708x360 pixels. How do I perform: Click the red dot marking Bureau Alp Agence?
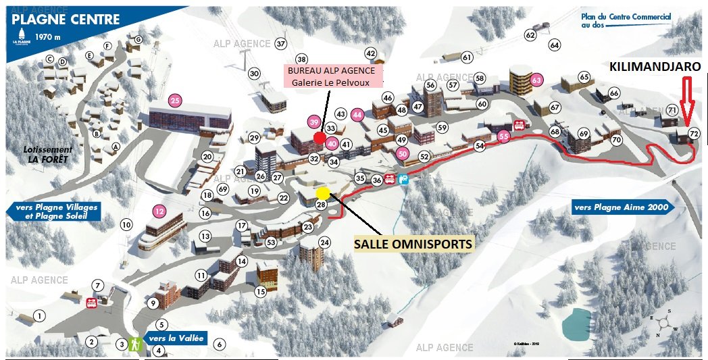319,137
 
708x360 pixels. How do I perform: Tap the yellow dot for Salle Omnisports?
324,192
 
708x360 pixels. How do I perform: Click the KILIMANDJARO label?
655,67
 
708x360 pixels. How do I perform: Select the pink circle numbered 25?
176,101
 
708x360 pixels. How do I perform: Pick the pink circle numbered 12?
159,211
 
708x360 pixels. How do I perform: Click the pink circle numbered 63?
537,80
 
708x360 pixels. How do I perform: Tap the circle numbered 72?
694,134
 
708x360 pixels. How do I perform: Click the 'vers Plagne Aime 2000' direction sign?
622,207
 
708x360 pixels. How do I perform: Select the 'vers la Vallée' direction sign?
175,338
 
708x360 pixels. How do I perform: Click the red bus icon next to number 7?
91,302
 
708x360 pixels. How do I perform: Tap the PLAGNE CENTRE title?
66,19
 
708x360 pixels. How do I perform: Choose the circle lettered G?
138,40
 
